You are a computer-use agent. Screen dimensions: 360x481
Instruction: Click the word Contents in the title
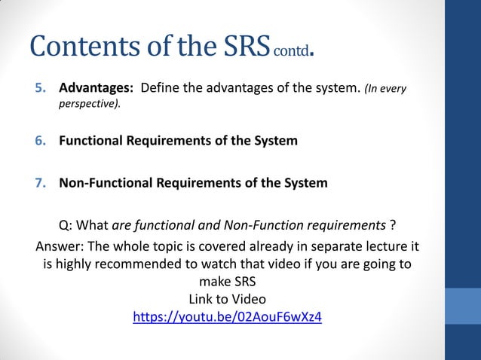[x=84, y=47]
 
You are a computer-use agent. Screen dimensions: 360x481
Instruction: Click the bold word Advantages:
[x=96, y=89]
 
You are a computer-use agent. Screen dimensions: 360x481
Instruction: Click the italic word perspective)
[x=90, y=104]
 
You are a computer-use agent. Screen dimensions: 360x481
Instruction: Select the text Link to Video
[x=226, y=299]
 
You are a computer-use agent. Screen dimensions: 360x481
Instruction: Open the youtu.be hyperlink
[x=227, y=317]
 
